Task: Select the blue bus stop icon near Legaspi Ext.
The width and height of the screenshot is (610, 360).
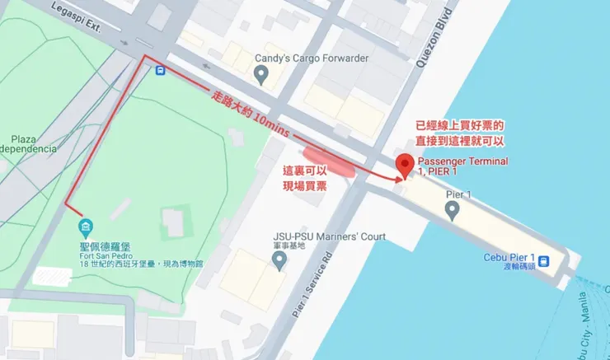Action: [x=159, y=70]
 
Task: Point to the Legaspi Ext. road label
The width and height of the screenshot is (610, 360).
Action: [x=73, y=16]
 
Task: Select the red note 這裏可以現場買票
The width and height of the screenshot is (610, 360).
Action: [x=304, y=179]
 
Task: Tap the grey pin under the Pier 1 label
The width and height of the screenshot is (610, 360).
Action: [x=452, y=212]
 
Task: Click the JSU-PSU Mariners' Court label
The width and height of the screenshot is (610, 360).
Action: [x=330, y=237]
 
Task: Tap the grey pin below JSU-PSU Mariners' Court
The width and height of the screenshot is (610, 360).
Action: [x=279, y=261]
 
